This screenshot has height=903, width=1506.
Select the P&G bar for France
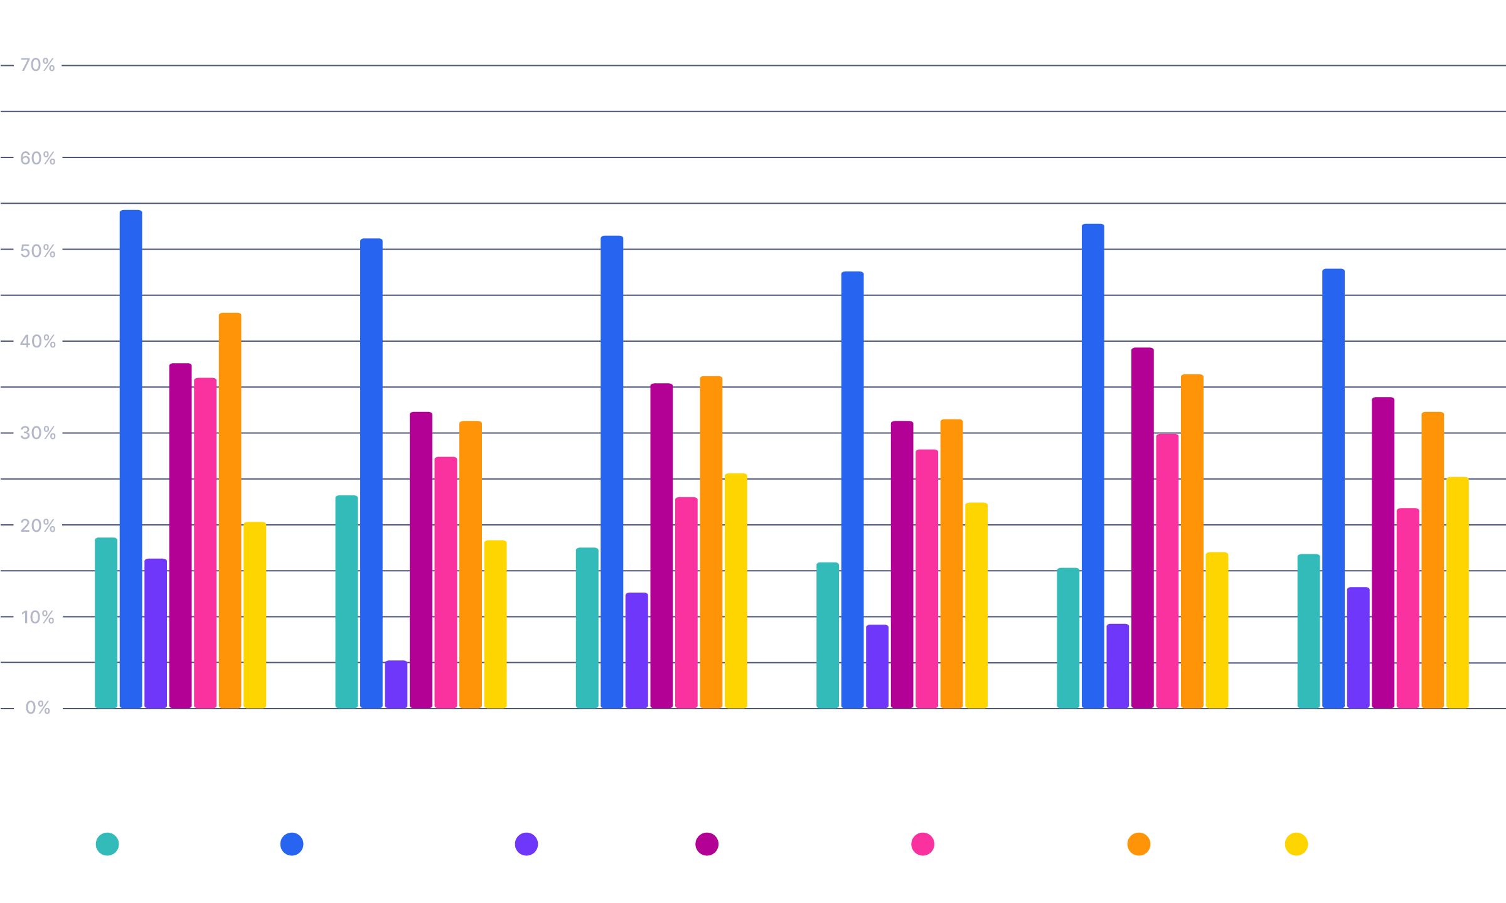396,684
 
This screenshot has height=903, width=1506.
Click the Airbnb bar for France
346,602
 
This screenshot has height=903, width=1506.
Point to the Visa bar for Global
230,510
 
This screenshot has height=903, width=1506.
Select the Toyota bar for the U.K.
1407,608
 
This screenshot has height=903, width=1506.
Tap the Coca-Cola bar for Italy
852,490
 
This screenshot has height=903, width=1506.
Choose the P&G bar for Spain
1118,666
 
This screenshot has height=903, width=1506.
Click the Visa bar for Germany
711,542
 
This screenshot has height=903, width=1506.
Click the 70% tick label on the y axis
38,65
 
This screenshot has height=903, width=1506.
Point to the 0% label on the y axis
38,708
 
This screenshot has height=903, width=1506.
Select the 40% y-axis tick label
38,342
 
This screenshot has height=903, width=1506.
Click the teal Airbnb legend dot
107,844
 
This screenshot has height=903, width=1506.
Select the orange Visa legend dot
1139,844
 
